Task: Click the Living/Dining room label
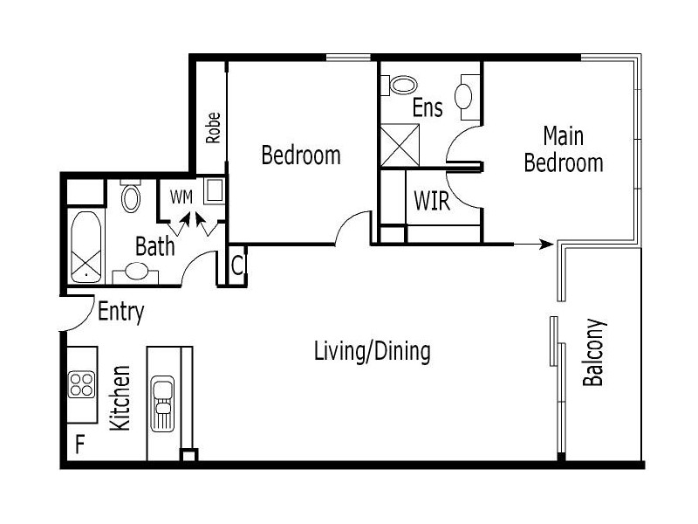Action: tap(373, 352)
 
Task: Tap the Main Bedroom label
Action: tap(564, 149)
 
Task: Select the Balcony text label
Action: tap(594, 353)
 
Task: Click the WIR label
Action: tap(432, 202)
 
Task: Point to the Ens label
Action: tap(428, 108)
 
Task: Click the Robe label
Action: tap(212, 128)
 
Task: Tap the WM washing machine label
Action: tap(181, 196)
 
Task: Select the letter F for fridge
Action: tap(79, 445)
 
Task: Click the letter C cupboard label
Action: tap(237, 263)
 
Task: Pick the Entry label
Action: tap(120, 312)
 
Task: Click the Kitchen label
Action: tap(120, 397)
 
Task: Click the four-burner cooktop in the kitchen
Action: tap(82, 385)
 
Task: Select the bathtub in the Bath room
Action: tap(86, 246)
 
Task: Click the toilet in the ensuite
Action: tap(403, 85)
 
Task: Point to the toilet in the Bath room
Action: tap(131, 197)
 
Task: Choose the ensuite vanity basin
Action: tap(466, 93)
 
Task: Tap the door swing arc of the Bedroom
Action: tap(351, 225)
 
